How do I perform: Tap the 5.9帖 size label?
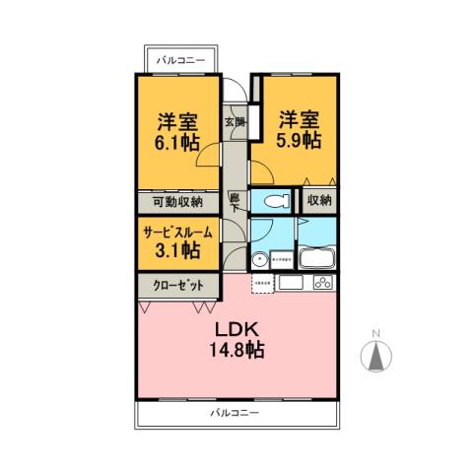pyautogui.click(x=297, y=141)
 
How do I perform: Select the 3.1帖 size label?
pyautogui.click(x=177, y=251)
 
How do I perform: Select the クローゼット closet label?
pyautogui.click(x=178, y=285)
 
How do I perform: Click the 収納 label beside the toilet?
pyautogui.click(x=318, y=201)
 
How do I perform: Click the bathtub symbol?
pyautogui.click(x=319, y=262)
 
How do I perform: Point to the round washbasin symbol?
pyautogui.click(x=258, y=262)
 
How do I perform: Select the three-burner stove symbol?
pyautogui.click(x=324, y=284)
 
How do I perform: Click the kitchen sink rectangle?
pyautogui.click(x=292, y=284)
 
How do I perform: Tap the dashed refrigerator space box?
pyautogui.click(x=263, y=284)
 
